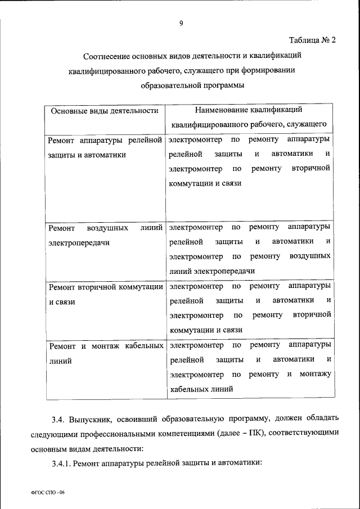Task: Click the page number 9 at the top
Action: coord(181,23)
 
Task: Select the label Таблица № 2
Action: coord(312,40)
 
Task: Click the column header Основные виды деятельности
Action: coord(104,111)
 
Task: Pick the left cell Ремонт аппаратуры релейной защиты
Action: coord(105,146)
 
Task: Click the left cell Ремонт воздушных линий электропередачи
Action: coord(105,235)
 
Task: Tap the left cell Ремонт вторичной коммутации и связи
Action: coord(105,294)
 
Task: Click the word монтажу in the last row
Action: coord(316,373)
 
